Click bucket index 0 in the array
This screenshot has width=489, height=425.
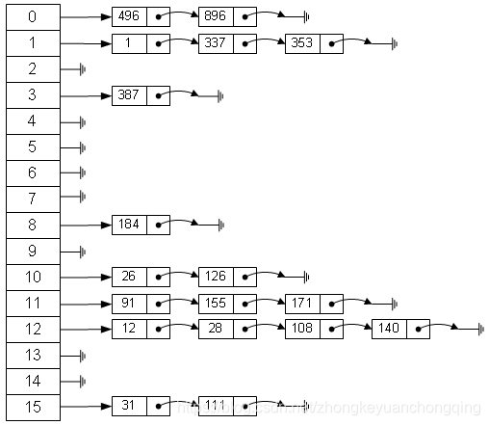[32, 17]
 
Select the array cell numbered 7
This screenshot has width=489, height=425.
[32, 199]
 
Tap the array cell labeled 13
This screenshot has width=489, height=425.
[32, 355]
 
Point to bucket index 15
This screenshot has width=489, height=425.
[32, 407]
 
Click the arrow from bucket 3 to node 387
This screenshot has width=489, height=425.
[87, 95]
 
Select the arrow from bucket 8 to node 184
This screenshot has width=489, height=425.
[87, 225]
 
